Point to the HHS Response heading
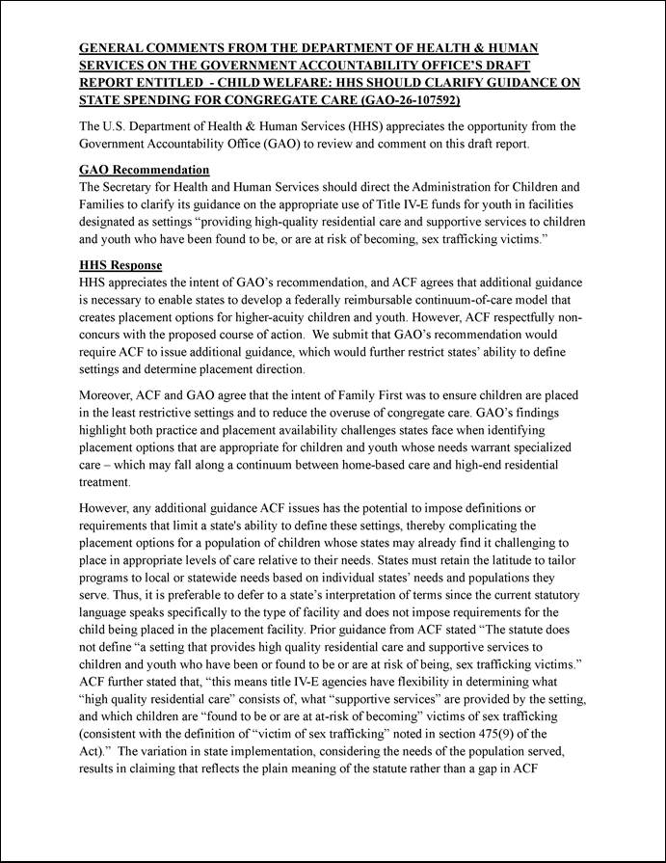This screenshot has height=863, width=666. [x=120, y=265]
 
